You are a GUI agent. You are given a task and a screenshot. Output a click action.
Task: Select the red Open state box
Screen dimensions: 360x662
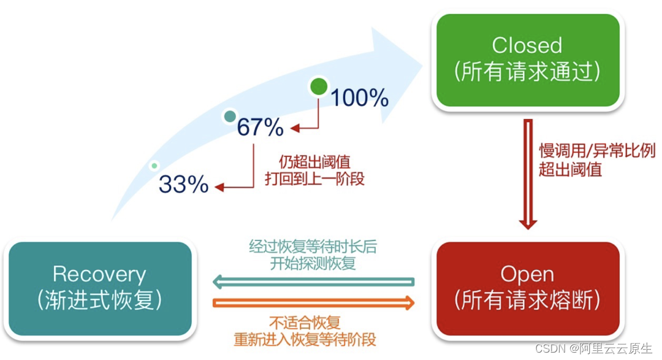(527, 288)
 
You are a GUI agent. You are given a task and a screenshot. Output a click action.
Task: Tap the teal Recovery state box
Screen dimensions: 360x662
(100, 288)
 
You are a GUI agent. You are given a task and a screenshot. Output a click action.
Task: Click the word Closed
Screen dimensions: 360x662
(527, 45)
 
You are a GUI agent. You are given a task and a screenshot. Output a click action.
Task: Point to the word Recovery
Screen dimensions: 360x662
(100, 274)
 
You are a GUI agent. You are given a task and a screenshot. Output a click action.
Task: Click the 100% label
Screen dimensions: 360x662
(360, 98)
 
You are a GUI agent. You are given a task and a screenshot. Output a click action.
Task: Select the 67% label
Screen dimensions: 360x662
(260, 128)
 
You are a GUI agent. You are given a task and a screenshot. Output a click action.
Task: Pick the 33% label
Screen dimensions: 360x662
(184, 184)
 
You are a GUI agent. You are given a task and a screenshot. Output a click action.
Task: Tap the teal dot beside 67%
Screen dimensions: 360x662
(230, 116)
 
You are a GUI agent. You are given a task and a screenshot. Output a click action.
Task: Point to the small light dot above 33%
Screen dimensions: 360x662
(155, 165)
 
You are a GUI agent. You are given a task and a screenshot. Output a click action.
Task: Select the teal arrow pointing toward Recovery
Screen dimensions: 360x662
(313, 282)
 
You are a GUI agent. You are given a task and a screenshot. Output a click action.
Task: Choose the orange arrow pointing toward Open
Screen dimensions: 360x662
(313, 302)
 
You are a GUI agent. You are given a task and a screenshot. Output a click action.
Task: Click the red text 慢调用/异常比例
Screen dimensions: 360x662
(596, 151)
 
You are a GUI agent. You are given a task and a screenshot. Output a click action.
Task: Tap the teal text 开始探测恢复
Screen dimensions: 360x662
(313, 264)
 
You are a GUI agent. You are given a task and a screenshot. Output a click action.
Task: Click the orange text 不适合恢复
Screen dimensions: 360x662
(305, 322)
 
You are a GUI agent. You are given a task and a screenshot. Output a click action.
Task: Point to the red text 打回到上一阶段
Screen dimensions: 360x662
(314, 180)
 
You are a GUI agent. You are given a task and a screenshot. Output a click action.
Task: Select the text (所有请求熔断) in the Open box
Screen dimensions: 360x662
(527, 301)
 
